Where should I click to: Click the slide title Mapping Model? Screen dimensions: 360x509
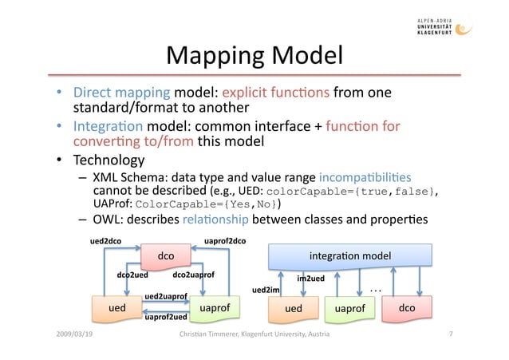pyautogui.click(x=254, y=56)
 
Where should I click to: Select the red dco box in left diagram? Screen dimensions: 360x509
pyautogui.click(x=165, y=256)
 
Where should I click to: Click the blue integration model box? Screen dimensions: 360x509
pyautogui.click(x=351, y=255)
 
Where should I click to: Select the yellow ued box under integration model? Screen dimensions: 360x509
pyautogui.click(x=293, y=307)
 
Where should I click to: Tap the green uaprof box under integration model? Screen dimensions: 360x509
pyautogui.click(x=349, y=307)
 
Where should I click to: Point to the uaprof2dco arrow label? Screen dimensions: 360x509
pyautogui.click(x=225, y=239)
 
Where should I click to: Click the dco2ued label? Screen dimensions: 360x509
pyautogui.click(x=134, y=275)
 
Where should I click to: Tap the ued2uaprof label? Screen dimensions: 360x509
pyautogui.click(x=165, y=296)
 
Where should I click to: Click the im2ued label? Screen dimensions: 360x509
pyautogui.click(x=310, y=279)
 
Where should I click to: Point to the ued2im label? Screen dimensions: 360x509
pyautogui.click(x=266, y=290)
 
